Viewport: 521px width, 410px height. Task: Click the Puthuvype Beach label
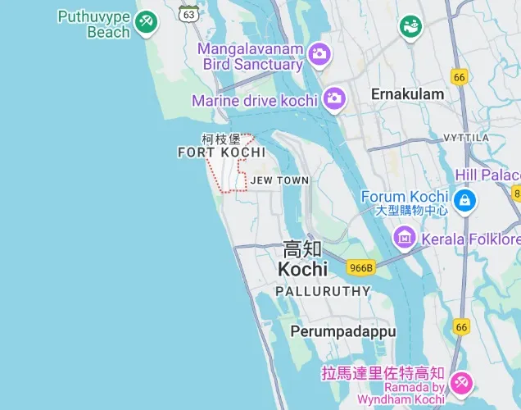pos(95,25)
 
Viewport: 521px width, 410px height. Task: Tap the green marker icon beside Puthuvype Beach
pos(147,20)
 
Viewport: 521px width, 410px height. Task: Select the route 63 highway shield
pos(189,14)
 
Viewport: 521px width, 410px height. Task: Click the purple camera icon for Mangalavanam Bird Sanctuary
pos(319,54)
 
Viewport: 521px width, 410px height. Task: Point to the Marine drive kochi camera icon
pos(333,99)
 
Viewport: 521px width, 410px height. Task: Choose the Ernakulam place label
pos(407,94)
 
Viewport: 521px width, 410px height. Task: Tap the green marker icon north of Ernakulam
pos(410,27)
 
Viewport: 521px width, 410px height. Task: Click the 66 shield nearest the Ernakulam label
pos(459,77)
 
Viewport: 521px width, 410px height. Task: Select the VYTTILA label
pos(465,137)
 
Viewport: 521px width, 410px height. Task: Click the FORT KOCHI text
pos(221,153)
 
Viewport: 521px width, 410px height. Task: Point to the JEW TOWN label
pos(279,180)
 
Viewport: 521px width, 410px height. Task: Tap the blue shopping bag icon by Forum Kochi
pos(464,198)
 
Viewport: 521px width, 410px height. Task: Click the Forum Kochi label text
pos(405,197)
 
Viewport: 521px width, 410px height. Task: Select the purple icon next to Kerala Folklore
pos(404,239)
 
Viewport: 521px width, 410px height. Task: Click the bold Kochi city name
pos(302,269)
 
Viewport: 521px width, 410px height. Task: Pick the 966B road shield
pos(360,267)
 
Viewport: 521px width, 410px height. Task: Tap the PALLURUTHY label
pos(323,291)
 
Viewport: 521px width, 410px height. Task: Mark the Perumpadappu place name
pos(343,331)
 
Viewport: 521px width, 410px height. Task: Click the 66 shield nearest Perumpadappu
pos(462,326)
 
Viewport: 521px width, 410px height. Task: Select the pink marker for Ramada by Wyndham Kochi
pos(461,382)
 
